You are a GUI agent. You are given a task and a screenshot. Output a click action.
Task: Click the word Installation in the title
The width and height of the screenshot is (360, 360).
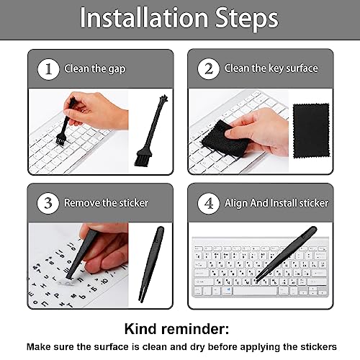pyautogui.click(x=144, y=17)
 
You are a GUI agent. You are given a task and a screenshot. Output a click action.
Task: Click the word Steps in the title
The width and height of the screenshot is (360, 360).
pyautogui.click(x=247, y=19)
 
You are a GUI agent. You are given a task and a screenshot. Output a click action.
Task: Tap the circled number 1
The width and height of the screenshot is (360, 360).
pyautogui.click(x=48, y=69)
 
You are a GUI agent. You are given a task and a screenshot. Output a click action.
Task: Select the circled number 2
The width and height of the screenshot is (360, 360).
pyautogui.click(x=208, y=69)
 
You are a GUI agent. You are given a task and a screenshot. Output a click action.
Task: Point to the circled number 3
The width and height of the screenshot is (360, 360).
pyautogui.click(x=48, y=203)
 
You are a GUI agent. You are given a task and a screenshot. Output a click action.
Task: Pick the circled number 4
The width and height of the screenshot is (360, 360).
pyautogui.click(x=209, y=203)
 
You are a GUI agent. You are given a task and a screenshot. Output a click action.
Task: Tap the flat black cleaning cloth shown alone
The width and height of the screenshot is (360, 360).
pyautogui.click(x=311, y=131)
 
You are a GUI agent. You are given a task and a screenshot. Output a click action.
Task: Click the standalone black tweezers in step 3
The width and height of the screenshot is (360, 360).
pyautogui.click(x=152, y=264)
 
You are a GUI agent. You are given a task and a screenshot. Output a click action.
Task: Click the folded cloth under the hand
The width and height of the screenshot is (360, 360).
pyautogui.click(x=222, y=139)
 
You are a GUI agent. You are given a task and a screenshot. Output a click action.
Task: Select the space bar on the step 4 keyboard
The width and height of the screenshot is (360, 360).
pyautogui.click(x=255, y=291)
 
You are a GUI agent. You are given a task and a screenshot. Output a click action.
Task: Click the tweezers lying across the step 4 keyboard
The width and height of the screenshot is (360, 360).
pyautogui.click(x=286, y=253)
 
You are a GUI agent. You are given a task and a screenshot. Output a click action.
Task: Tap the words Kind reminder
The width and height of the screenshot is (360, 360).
pyautogui.click(x=176, y=329)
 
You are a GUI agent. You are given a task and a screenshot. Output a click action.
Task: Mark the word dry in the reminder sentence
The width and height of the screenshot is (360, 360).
pyautogui.click(x=197, y=347)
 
